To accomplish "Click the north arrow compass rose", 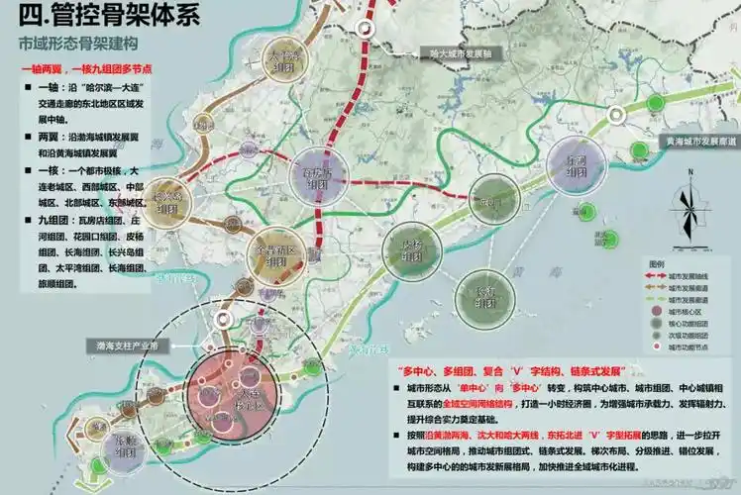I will [x=686, y=211].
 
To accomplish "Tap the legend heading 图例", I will [x=658, y=262].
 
